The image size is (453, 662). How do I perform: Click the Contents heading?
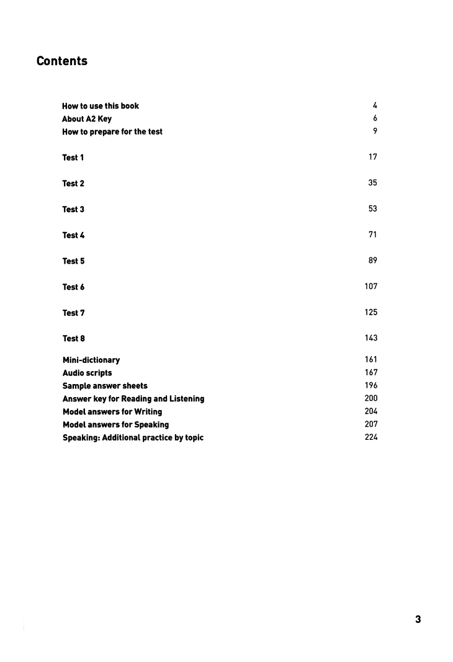click(x=62, y=61)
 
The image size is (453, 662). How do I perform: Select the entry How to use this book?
click(x=101, y=106)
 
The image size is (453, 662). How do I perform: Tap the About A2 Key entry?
click(x=87, y=119)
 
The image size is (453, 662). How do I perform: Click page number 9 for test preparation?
click(x=375, y=131)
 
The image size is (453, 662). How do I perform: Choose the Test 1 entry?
click(x=73, y=158)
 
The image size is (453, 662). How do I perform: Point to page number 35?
click(x=372, y=183)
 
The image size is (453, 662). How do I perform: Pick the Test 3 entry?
click(x=73, y=209)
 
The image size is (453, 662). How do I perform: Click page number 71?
click(x=372, y=235)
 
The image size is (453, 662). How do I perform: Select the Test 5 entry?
click(x=73, y=261)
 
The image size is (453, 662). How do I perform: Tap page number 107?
click(x=370, y=287)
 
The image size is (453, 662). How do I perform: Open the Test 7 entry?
click(x=73, y=313)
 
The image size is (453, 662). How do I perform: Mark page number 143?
click(x=370, y=338)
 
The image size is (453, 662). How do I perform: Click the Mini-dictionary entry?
click(x=91, y=360)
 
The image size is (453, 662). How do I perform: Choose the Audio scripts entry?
click(x=87, y=373)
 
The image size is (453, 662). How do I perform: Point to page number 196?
click(x=370, y=385)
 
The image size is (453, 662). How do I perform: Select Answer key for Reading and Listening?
click(x=133, y=398)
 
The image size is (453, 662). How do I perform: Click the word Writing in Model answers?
click(x=148, y=411)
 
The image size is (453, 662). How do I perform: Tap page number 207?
click(x=370, y=424)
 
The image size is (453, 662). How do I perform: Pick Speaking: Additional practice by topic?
click(x=133, y=437)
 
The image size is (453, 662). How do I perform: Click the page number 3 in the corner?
click(x=418, y=619)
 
